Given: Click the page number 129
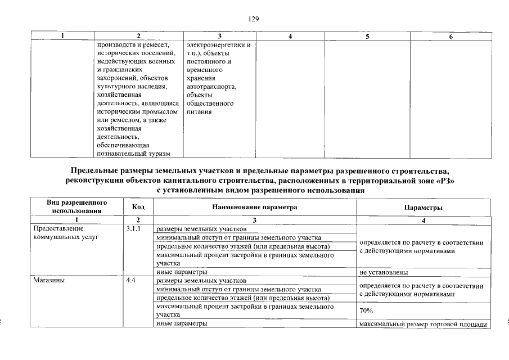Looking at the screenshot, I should coord(254,19).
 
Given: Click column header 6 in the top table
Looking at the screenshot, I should coord(451,37).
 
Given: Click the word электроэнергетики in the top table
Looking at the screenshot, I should coord(215,44).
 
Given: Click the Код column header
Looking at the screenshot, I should coord(138,207).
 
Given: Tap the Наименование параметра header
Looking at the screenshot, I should coord(254,207).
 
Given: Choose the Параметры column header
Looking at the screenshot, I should coord(423,207).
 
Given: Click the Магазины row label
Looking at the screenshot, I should coord(49,280).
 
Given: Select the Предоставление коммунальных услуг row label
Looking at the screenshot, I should coord(66,233).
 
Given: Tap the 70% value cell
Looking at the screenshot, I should coord(366,310).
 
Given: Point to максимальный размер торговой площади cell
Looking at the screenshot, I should coord(422,324).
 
